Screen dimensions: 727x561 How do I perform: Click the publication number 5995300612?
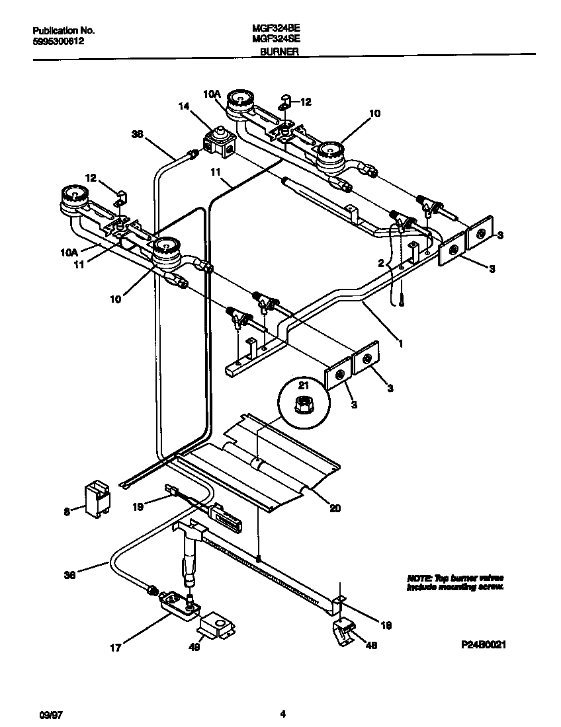click(58, 41)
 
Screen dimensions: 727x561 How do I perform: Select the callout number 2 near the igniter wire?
click(380, 263)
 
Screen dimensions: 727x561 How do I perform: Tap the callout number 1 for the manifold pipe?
click(399, 344)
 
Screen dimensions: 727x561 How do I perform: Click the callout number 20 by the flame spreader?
click(335, 509)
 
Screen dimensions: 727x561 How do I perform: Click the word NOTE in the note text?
click(419, 578)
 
